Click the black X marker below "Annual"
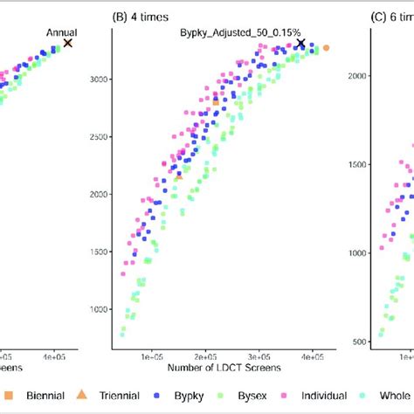point(68,43)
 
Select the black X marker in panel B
point(300,43)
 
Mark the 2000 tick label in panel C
point(355,75)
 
